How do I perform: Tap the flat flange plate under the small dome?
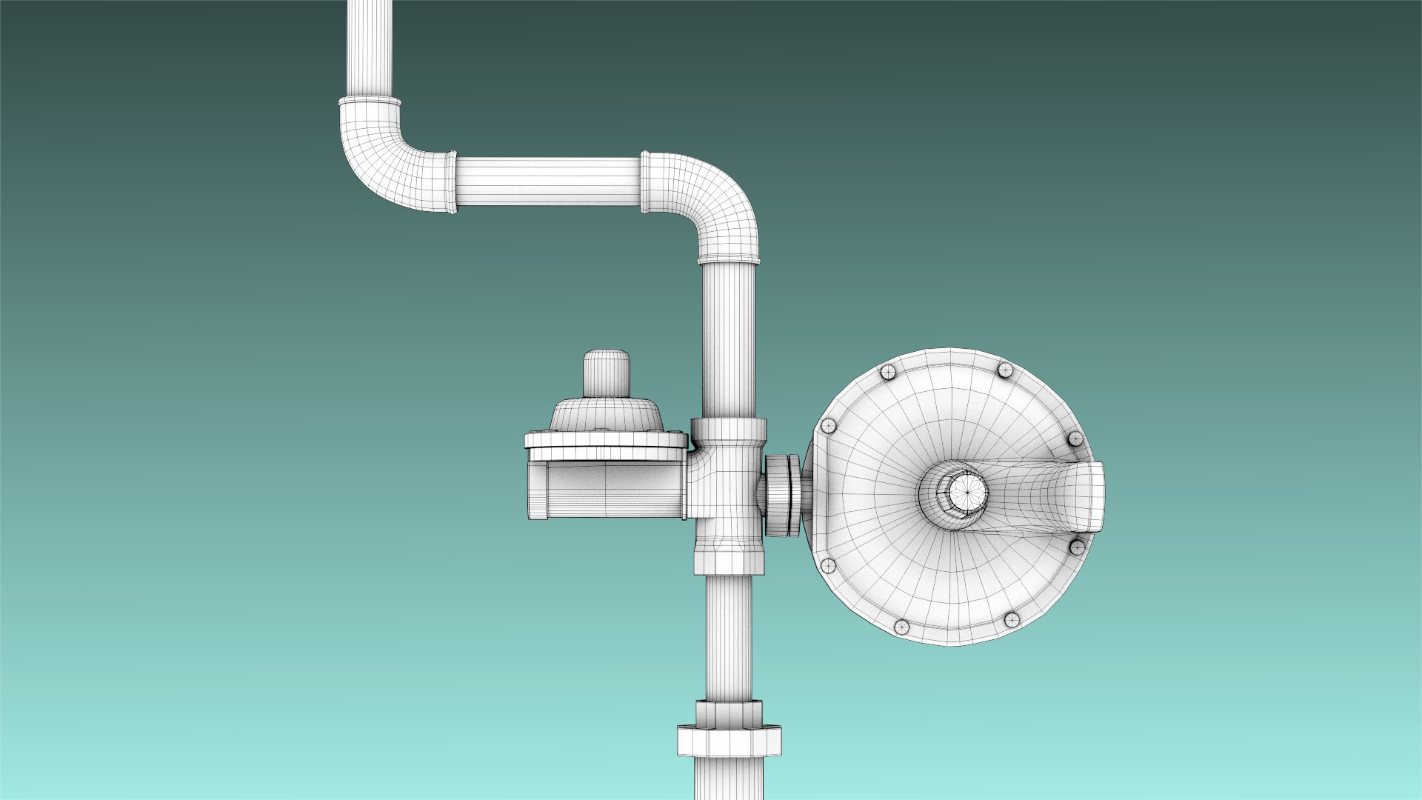(607, 441)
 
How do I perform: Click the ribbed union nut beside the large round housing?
(782, 494)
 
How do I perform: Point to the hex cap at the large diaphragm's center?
(965, 490)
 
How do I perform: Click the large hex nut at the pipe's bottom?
(729, 741)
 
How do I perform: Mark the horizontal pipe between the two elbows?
(548, 181)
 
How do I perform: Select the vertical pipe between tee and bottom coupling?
(729, 637)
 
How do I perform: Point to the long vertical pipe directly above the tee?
(729, 337)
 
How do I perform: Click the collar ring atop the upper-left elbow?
(370, 101)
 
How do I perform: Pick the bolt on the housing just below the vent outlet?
(1077, 547)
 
